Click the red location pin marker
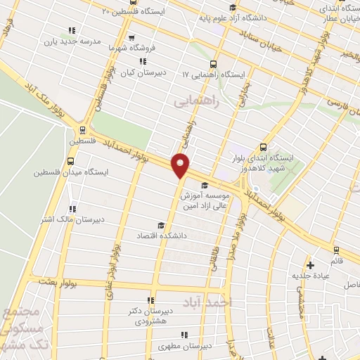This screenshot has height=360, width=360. [x=181, y=165]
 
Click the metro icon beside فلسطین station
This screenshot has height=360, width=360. [x=83, y=130]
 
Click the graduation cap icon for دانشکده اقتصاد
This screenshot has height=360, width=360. [x=161, y=226]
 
